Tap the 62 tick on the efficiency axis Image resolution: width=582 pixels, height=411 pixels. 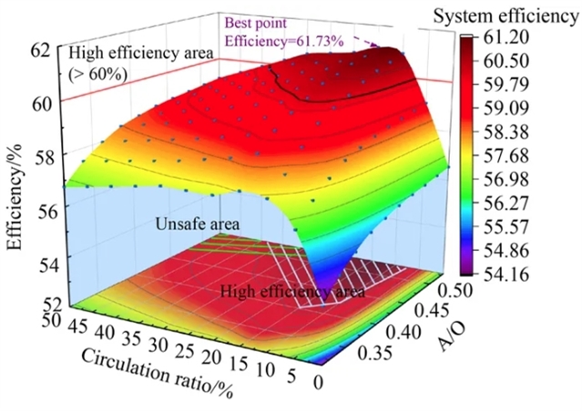[44, 51]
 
